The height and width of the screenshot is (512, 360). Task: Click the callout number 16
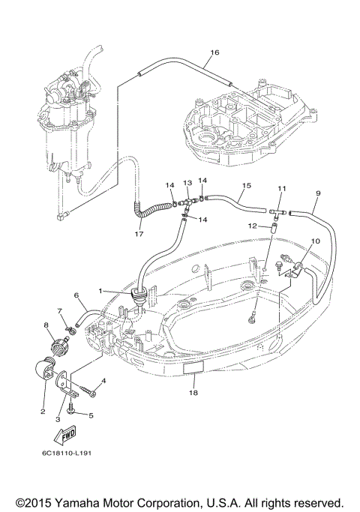tap(214, 52)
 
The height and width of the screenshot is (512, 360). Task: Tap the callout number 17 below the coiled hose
tap(139, 234)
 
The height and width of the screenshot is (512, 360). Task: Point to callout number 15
tap(247, 185)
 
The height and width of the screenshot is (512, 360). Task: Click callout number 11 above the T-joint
tap(281, 188)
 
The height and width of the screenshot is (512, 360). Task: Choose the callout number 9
tap(318, 193)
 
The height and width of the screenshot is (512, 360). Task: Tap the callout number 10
tap(316, 241)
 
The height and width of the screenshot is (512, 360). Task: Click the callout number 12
tap(253, 226)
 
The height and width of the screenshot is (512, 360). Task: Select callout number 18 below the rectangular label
tap(193, 393)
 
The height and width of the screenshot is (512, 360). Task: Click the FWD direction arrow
tap(65, 436)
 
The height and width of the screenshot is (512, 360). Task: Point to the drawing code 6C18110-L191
tap(66, 454)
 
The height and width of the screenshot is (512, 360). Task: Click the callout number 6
tap(76, 295)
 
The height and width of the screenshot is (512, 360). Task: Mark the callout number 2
tap(43, 412)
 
